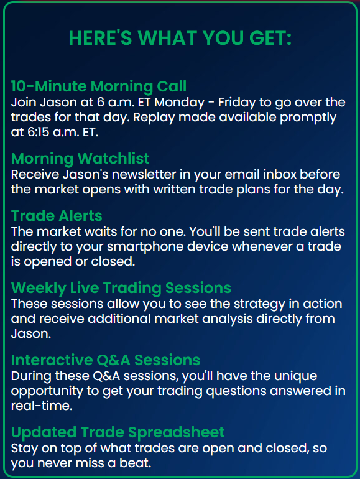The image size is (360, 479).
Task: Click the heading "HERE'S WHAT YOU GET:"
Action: click(180, 38)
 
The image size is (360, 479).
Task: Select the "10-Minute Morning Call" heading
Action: click(99, 86)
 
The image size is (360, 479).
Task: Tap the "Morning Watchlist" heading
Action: click(80, 158)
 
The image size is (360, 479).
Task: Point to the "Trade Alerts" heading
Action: click(57, 216)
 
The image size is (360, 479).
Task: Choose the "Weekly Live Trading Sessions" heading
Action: click(121, 288)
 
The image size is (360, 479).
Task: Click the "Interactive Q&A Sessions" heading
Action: click(106, 360)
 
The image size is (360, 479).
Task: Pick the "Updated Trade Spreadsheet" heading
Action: click(118, 432)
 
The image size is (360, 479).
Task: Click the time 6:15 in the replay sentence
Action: click(36, 133)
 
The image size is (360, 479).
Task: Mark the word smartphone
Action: click(145, 247)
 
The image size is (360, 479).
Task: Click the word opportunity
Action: click(47, 391)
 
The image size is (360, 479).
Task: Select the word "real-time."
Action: click(42, 406)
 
